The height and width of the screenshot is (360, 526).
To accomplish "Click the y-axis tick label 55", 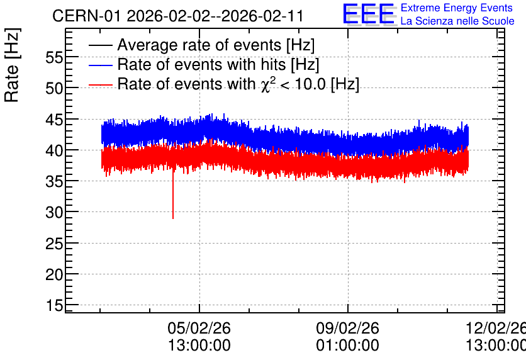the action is [54, 58].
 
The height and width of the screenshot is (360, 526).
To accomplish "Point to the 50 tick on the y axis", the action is [54, 89].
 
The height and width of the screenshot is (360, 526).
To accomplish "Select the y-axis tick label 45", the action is [54, 120].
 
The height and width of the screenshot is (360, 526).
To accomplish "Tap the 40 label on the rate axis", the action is [54, 150].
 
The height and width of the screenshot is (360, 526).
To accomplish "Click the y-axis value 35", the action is [54, 182].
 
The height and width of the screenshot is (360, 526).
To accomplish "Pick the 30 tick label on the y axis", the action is [54, 213].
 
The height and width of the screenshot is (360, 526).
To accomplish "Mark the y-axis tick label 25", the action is [54, 244].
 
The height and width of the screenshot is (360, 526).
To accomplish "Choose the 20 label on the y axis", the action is [54, 275].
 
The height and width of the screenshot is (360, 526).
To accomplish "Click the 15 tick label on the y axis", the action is [54, 306].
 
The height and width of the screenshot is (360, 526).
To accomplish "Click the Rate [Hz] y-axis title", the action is [12, 65].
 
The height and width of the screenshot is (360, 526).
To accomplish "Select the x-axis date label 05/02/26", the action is [199, 328].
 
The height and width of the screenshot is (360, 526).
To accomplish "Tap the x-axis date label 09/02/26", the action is [347, 328].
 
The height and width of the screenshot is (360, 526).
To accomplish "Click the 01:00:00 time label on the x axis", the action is [347, 346].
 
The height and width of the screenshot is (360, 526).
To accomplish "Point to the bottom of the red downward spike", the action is [173, 219].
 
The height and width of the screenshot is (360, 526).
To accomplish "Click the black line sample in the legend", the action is [100, 45].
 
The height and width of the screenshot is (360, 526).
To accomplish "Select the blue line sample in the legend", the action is [100, 65].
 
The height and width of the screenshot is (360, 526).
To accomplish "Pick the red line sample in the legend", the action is [100, 84].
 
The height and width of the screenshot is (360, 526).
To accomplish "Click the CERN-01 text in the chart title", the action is [87, 16].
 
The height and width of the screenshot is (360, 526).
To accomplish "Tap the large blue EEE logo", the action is [368, 14].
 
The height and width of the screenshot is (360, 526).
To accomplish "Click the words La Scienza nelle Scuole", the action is [457, 21].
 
